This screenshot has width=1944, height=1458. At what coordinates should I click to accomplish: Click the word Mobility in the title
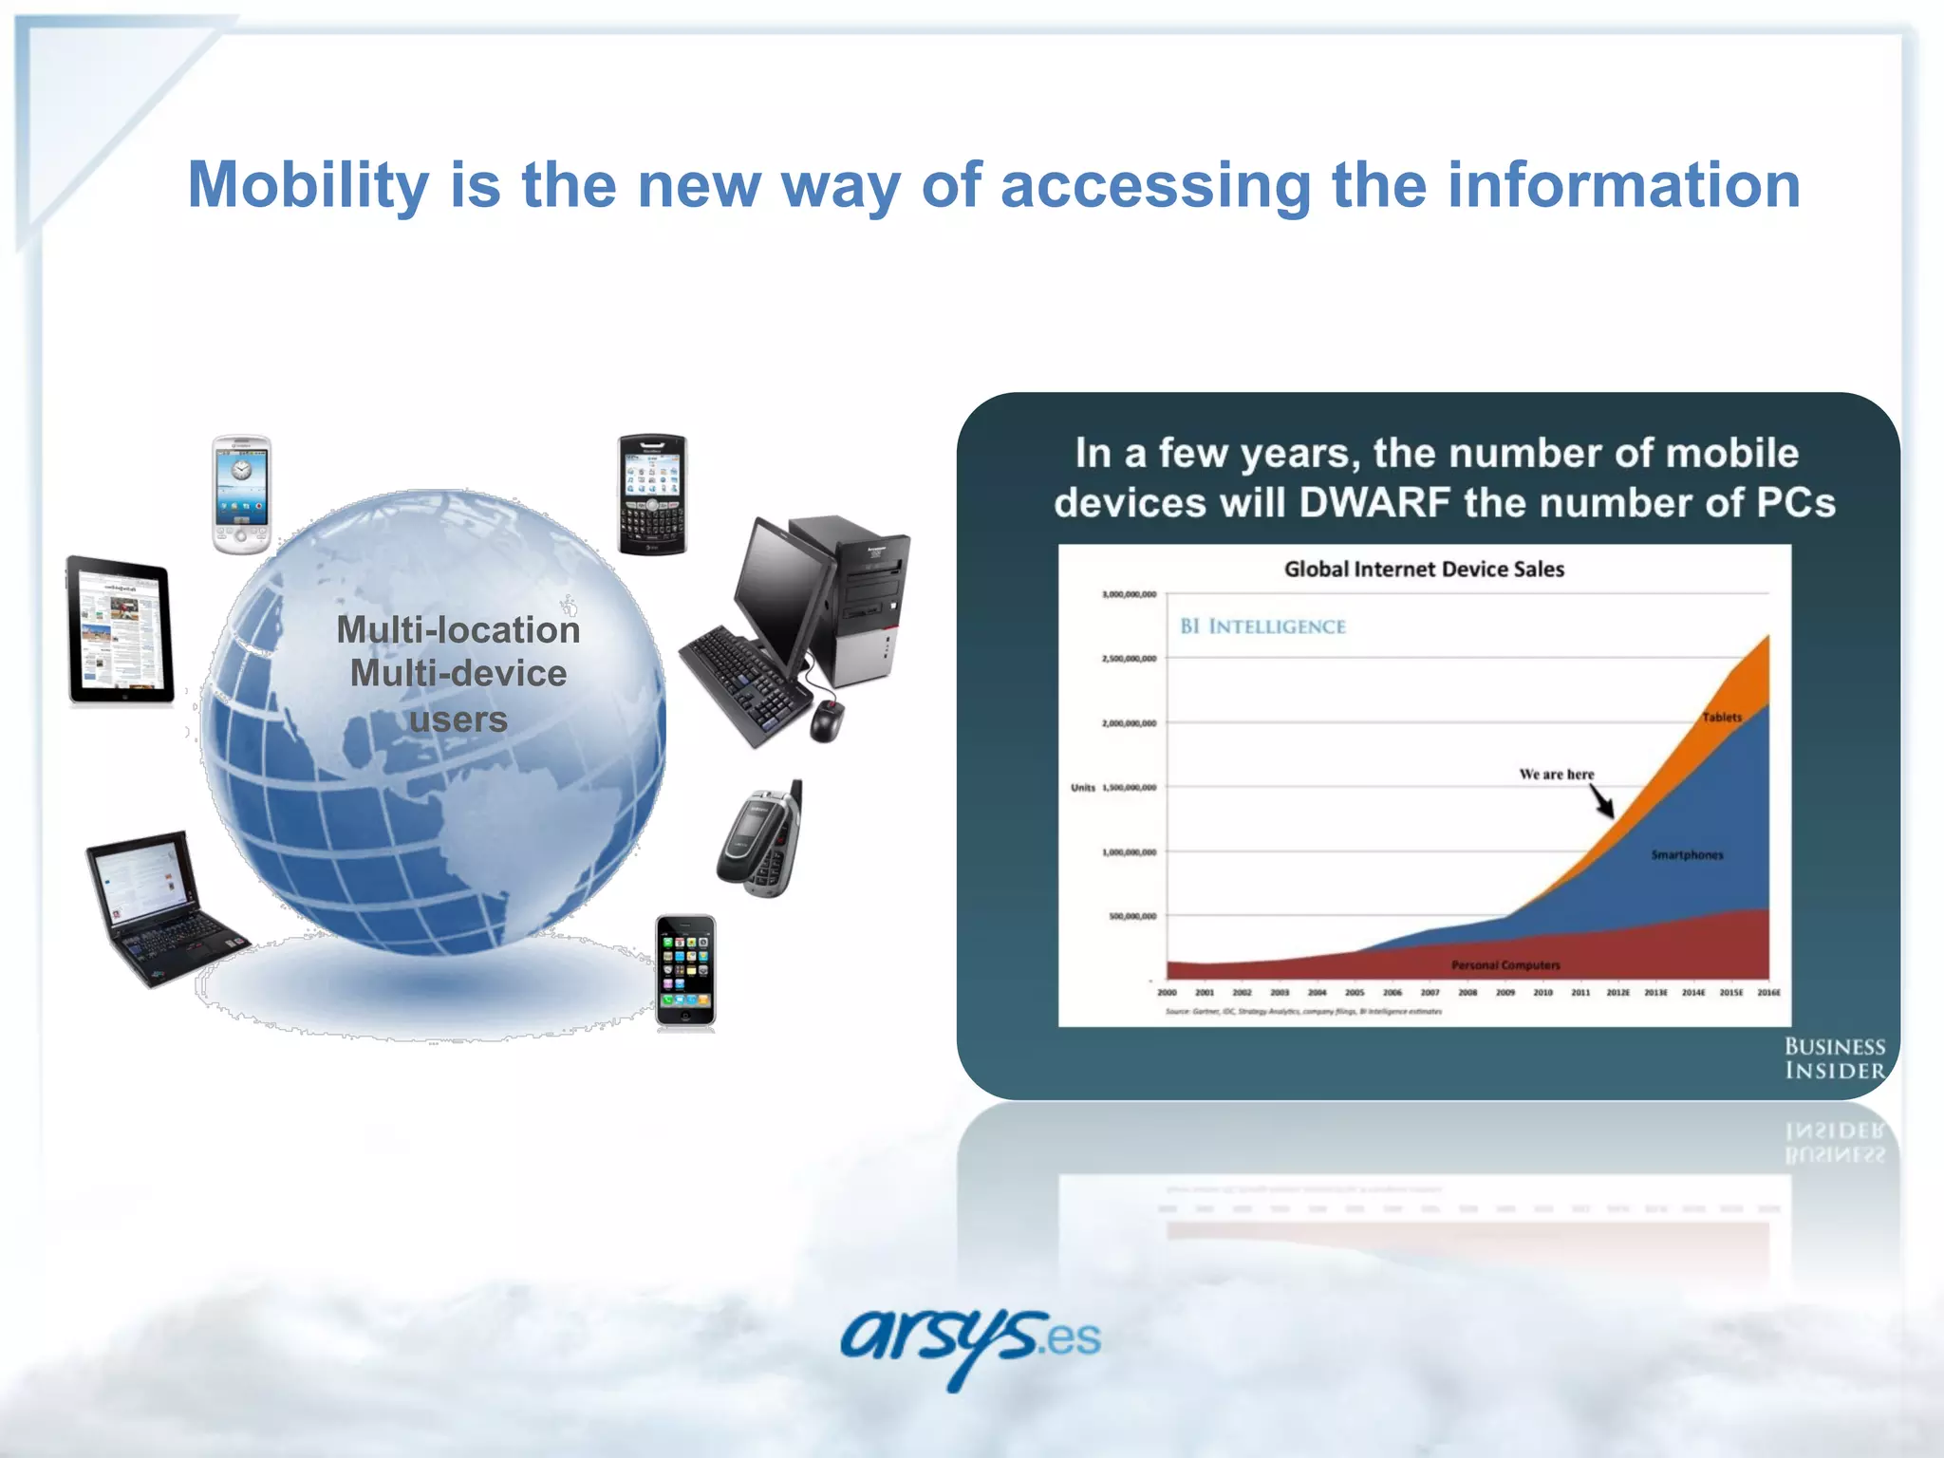coord(308,185)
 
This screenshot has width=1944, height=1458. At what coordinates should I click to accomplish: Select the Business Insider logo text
coord(1834,1058)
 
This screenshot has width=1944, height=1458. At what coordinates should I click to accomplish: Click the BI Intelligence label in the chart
coord(1262,626)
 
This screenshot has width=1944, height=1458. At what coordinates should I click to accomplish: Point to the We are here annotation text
coord(1557,775)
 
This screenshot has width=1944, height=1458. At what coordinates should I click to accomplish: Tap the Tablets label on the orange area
coord(1722,718)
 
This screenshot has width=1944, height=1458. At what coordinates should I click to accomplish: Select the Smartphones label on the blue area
coord(1687,855)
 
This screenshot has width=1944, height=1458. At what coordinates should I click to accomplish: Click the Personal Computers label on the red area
coord(1505,965)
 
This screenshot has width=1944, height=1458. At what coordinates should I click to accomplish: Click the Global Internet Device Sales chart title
coord(1424,570)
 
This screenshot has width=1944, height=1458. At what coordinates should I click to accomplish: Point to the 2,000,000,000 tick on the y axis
coord(1129,723)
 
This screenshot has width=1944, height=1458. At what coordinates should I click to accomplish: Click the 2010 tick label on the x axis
coord(1543,993)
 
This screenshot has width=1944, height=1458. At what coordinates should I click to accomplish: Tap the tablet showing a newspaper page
coord(121,630)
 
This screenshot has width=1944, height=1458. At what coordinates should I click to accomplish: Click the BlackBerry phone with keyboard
coord(652,495)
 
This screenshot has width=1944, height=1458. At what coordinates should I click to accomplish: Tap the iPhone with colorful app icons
coord(685,971)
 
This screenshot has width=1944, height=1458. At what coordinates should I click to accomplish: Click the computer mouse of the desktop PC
coord(826,721)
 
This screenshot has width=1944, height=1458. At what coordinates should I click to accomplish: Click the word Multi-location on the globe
coord(458,630)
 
